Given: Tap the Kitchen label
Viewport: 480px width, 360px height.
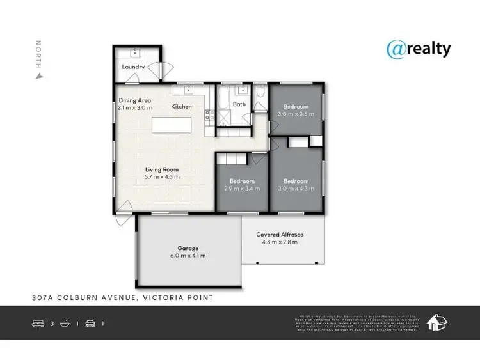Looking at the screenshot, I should pos(181,107).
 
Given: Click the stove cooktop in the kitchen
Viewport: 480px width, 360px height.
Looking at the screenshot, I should pos(208,115).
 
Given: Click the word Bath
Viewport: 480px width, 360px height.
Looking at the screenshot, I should pos(239,104).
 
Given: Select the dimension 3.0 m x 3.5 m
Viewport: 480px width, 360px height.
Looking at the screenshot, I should pos(296,114).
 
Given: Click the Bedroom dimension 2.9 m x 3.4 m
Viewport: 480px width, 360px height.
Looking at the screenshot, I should pos(242,188).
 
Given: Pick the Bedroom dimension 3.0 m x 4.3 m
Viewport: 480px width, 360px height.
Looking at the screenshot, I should pos(296,188).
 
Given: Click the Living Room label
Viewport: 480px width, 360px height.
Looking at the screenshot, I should pos(161,169).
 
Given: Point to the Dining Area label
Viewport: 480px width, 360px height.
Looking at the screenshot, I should pos(135,100).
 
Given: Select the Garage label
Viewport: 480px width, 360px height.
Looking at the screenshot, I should pos(188,248).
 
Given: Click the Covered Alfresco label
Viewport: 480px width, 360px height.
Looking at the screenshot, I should pos(280,235).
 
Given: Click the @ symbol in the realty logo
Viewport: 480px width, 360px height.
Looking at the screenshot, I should pos(395,49).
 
